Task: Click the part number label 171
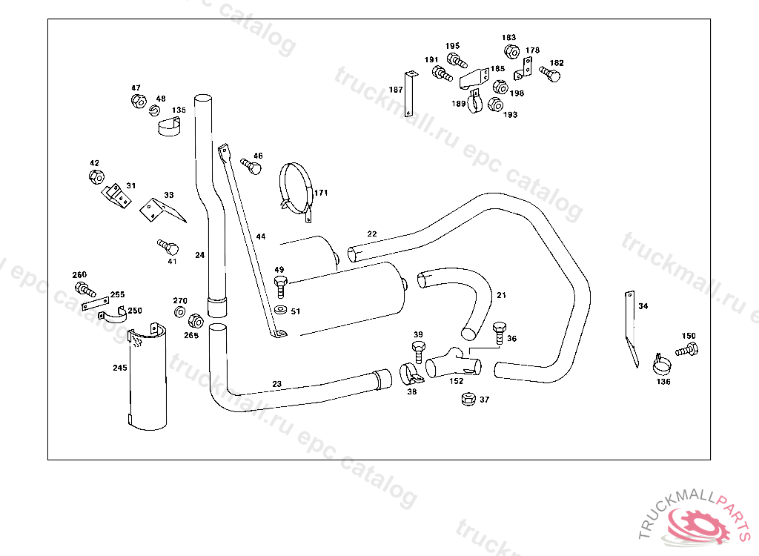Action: tap(321, 193)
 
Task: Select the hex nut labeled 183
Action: tap(511, 51)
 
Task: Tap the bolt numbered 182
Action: tap(550, 74)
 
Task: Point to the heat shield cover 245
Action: tap(148, 377)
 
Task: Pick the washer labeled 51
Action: tap(279, 309)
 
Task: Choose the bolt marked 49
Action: tap(280, 287)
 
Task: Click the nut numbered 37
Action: tap(468, 399)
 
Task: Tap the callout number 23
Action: tap(277, 384)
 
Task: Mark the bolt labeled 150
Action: tap(687, 349)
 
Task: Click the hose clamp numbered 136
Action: tap(661, 364)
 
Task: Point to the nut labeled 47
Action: tap(139, 102)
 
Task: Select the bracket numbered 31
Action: tap(116, 196)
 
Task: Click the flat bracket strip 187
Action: tap(409, 93)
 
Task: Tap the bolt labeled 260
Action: tap(85, 289)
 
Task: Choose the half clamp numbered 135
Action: tap(170, 127)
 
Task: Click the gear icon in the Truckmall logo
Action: tap(697, 525)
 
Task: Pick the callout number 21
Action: tap(502, 295)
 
